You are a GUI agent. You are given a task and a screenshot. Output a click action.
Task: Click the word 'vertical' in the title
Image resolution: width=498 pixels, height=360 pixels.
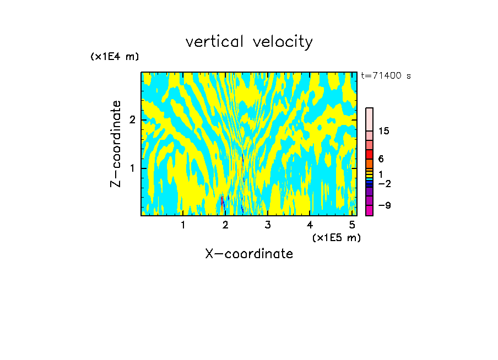pyautogui.click(x=212, y=42)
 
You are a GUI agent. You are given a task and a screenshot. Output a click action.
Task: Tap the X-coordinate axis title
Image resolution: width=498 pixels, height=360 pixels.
pyautogui.click(x=249, y=254)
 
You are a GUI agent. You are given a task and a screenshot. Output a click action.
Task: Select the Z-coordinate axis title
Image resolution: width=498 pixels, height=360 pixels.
pyautogui.click(x=116, y=144)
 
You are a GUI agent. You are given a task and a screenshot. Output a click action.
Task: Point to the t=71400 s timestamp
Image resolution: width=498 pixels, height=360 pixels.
pyautogui.click(x=386, y=76)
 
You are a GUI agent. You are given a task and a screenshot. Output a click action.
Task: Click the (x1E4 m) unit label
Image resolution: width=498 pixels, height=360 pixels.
pyautogui.click(x=115, y=57)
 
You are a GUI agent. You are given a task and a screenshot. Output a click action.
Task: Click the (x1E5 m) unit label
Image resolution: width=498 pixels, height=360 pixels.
pyautogui.click(x=336, y=237)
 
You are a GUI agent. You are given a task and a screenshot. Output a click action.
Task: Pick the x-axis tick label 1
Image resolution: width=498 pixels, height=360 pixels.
pyautogui.click(x=183, y=225)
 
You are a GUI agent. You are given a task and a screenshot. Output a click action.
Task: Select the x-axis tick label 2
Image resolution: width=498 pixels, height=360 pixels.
pyautogui.click(x=225, y=225)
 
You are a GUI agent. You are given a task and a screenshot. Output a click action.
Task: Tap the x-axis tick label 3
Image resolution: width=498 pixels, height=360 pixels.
pyautogui.click(x=268, y=225)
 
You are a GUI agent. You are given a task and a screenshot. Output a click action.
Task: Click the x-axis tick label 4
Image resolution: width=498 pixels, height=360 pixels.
pyautogui.click(x=310, y=225)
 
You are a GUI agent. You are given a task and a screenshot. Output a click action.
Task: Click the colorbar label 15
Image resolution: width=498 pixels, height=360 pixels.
pyautogui.click(x=384, y=131)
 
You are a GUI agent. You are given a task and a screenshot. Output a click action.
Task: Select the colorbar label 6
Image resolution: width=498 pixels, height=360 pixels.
pyautogui.click(x=381, y=159)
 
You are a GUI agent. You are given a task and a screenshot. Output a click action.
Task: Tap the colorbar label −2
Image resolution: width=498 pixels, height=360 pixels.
pyautogui.click(x=384, y=183)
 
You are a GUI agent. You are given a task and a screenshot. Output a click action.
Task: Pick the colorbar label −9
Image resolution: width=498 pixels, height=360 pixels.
pyautogui.click(x=384, y=205)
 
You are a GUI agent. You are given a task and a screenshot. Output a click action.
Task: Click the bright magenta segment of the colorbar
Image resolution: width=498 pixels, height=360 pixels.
pyautogui.click(x=370, y=210)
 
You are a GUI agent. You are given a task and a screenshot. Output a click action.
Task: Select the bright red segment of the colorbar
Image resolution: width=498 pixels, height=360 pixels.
pyautogui.click(x=370, y=154)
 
